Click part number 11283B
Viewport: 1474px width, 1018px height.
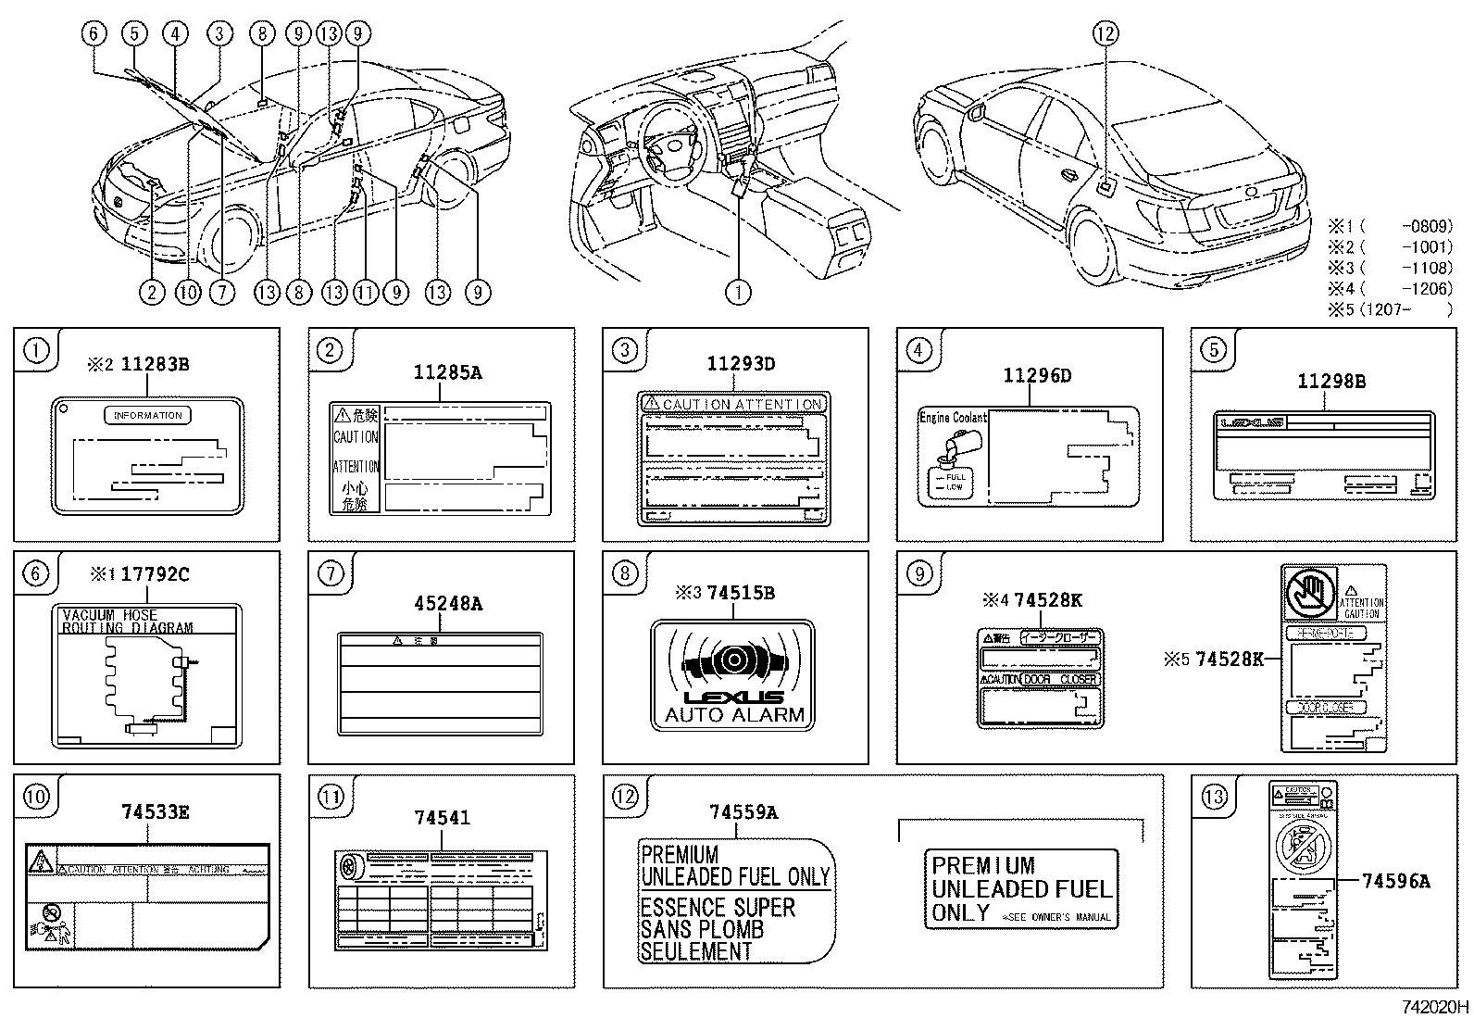click(x=155, y=365)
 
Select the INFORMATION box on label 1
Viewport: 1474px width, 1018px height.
click(x=148, y=416)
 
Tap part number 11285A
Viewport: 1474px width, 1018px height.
click(x=447, y=373)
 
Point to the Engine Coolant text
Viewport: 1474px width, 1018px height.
click(x=952, y=418)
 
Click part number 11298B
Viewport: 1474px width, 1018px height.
click(x=1331, y=382)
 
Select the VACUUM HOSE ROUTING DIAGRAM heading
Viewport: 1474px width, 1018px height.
click(x=127, y=622)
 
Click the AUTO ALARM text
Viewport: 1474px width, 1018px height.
click(x=735, y=716)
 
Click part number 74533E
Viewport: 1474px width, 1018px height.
click(x=155, y=812)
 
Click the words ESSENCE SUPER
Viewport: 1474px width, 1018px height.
click(x=718, y=908)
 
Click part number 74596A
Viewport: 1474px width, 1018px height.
click(x=1395, y=882)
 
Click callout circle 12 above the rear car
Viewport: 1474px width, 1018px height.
click(x=1105, y=34)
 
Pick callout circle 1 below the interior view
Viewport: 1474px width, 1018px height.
click(x=738, y=293)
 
